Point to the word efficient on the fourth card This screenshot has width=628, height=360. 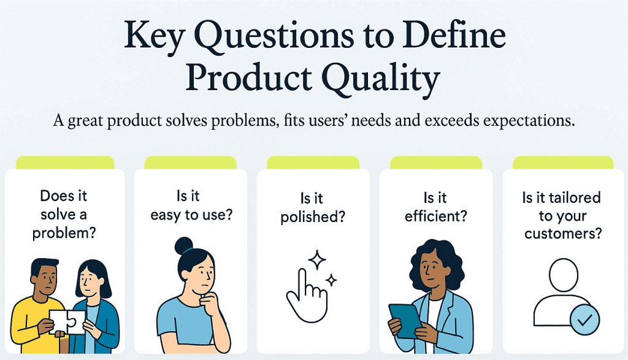pyautogui.click(x=435, y=215)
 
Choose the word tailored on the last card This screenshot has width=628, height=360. pyautogui.click(x=575, y=198)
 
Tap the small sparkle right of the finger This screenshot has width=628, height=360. pyautogui.click(x=331, y=281)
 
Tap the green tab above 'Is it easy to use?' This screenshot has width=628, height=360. pyautogui.click(x=190, y=163)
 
